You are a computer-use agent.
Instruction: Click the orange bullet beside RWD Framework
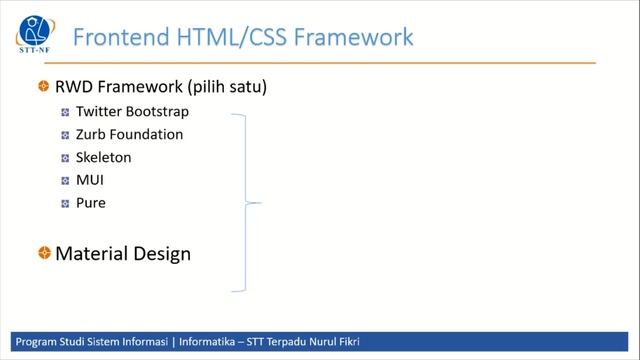[x=44, y=87]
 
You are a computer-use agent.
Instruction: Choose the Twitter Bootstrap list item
[x=132, y=112]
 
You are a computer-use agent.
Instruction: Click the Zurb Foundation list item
[x=129, y=134]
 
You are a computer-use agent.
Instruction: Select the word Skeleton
[x=103, y=157]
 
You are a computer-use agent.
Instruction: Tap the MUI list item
[x=90, y=180]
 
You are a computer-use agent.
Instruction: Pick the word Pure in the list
[x=90, y=203]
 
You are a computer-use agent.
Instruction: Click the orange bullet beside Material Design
[x=44, y=254]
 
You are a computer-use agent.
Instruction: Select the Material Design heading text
[x=123, y=254]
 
